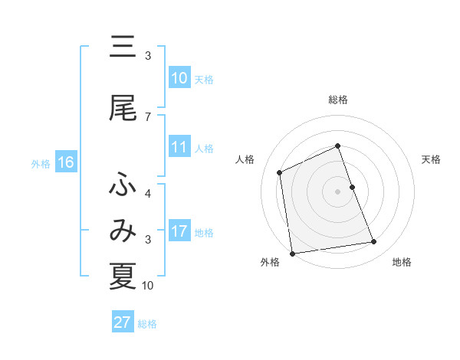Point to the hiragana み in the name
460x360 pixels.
pyautogui.click(x=123, y=229)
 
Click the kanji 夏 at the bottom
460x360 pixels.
pyautogui.click(x=123, y=275)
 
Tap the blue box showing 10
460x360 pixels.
pyautogui.click(x=179, y=78)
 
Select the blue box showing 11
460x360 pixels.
pyautogui.click(x=179, y=148)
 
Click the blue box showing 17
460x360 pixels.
pyautogui.click(x=179, y=232)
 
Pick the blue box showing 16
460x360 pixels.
pyautogui.click(x=65, y=162)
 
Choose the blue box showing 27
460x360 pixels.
pyautogui.click(x=122, y=322)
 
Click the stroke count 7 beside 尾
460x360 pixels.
pyautogui.click(x=147, y=117)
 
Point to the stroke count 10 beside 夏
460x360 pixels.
pyautogui.click(x=148, y=286)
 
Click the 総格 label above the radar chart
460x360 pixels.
pyautogui.click(x=337, y=100)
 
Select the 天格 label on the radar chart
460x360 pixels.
pyautogui.click(x=432, y=159)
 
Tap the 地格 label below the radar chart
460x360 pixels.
pyautogui.click(x=402, y=263)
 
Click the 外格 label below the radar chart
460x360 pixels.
pyautogui.click(x=271, y=263)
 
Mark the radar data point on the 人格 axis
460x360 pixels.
pyautogui.click(x=280, y=172)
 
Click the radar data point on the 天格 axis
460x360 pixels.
pyautogui.click(x=352, y=187)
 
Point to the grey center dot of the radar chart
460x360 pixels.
pyautogui.click(x=337, y=191)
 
